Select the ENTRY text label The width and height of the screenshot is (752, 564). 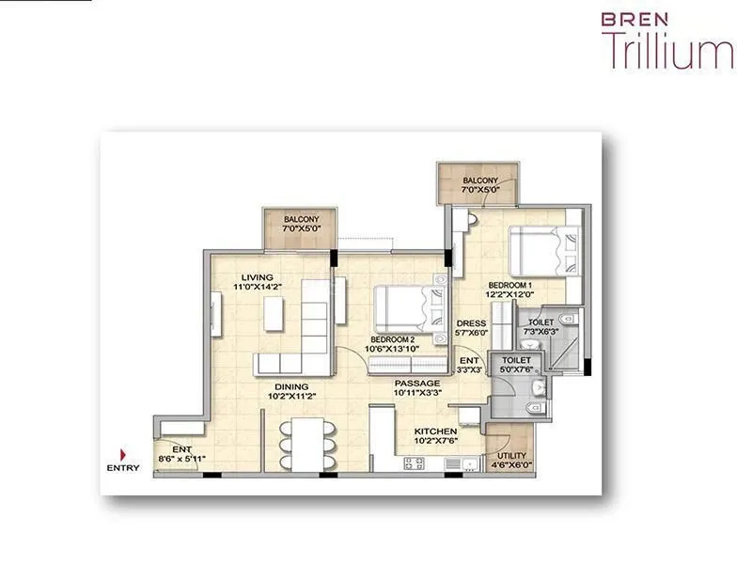point(123,467)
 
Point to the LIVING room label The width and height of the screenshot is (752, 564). point(256,277)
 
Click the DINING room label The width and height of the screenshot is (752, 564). point(292,386)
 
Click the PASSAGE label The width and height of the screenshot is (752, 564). point(417,384)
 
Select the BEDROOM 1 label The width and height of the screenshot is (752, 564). point(510,284)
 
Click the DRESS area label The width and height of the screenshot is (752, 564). point(471,323)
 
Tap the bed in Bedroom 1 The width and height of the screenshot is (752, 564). point(543,252)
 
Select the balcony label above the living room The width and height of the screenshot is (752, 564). point(303,220)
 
